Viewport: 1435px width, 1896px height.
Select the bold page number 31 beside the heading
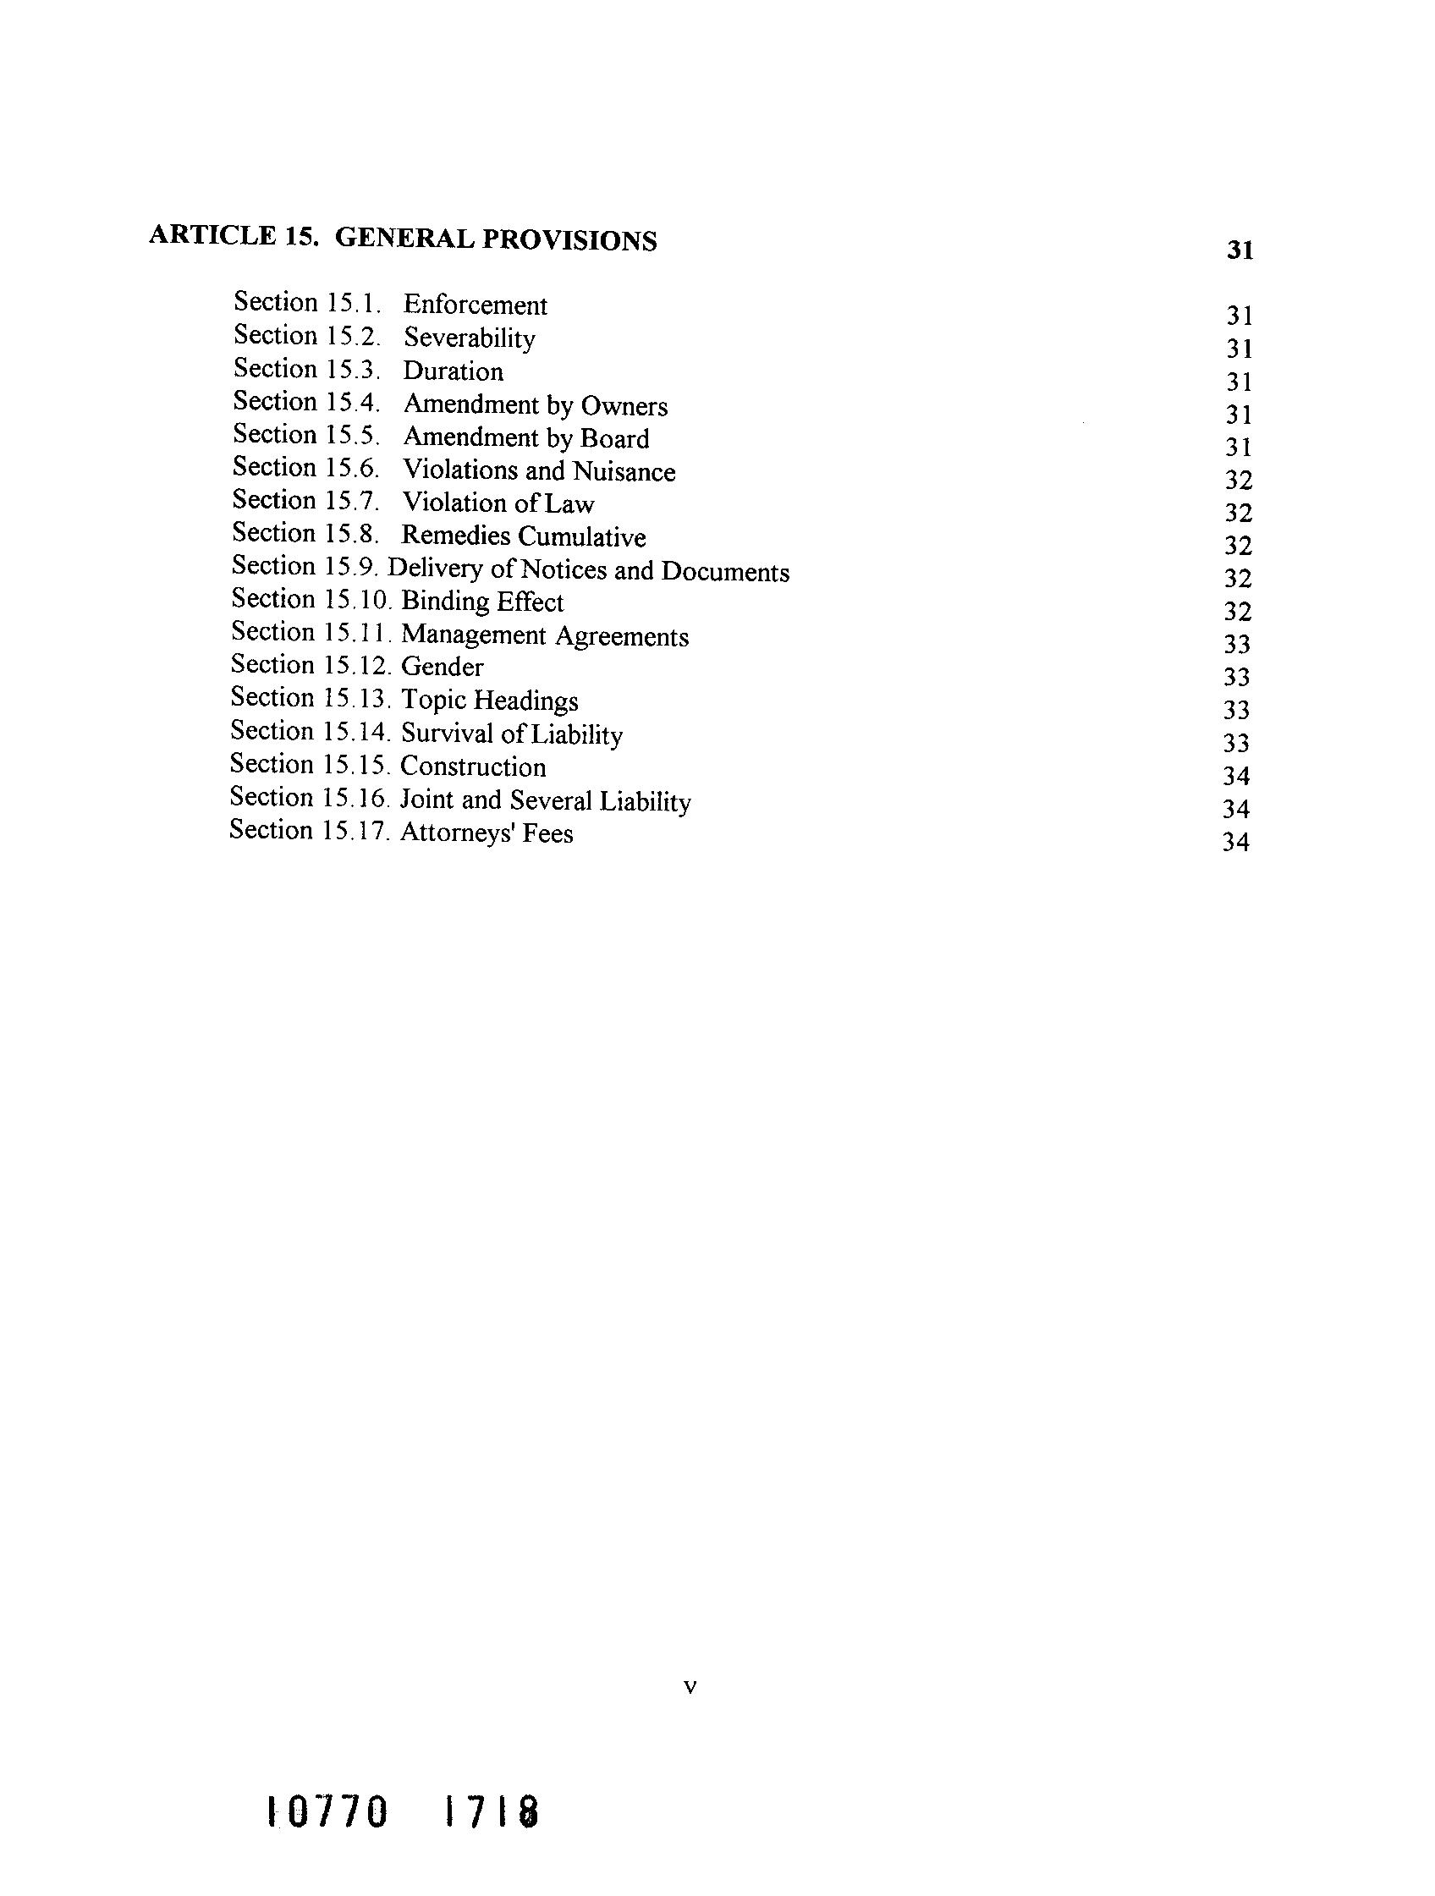pos(1240,250)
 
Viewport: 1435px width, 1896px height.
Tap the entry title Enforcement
pos(475,305)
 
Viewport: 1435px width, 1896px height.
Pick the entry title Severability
pos(469,338)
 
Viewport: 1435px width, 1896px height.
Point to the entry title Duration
pos(453,371)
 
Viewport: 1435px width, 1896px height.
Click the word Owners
pos(624,405)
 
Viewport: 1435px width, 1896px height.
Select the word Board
pos(614,438)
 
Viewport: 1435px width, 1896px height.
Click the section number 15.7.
pos(351,501)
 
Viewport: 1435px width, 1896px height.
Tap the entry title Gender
pos(442,667)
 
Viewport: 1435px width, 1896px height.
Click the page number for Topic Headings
pos(1236,711)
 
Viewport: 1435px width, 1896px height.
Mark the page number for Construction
pos(1236,777)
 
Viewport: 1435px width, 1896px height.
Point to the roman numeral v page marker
pos(691,1688)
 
